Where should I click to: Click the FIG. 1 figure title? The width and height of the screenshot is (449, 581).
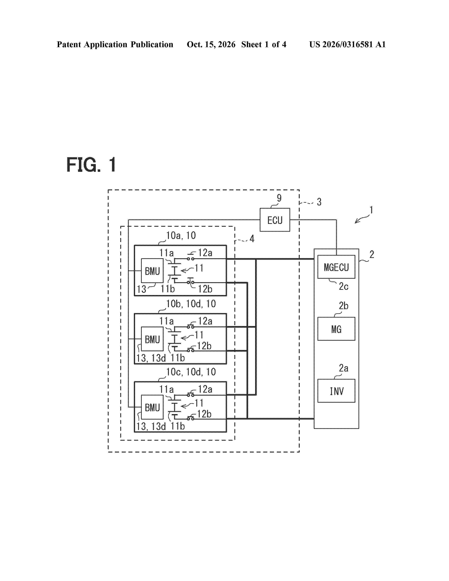pyautogui.click(x=91, y=165)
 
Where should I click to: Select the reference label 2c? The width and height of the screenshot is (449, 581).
pyautogui.click(x=343, y=286)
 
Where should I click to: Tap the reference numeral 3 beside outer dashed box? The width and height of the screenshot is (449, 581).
pyautogui.click(x=319, y=202)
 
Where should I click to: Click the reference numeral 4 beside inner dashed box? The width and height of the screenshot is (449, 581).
pyautogui.click(x=252, y=239)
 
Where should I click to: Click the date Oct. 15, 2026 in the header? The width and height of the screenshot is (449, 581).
pyautogui.click(x=211, y=44)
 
